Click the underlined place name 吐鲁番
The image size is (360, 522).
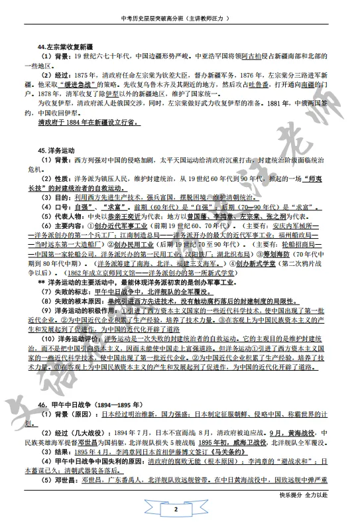point(264,86)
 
